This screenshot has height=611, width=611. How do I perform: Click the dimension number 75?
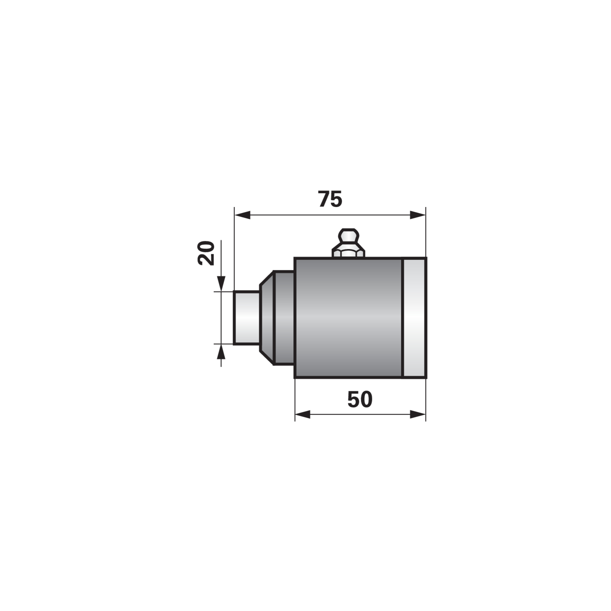click(330, 199)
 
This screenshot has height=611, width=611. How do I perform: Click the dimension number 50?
click(360, 399)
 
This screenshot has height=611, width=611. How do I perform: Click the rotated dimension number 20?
click(206, 253)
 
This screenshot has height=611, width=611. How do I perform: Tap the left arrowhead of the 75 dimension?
click(242, 215)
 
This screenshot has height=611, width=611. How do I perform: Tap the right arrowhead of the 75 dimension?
click(418, 215)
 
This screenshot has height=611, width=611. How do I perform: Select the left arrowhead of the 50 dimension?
click(303, 414)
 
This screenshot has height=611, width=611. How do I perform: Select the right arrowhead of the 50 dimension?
click(418, 414)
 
